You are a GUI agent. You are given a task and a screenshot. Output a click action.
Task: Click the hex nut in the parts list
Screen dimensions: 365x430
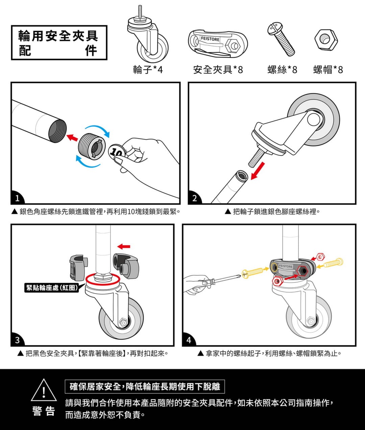(x=326, y=40)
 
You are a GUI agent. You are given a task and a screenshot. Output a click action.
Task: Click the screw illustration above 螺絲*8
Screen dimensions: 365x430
(x=281, y=39)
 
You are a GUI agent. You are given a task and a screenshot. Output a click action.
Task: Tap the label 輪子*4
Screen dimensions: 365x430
(x=148, y=70)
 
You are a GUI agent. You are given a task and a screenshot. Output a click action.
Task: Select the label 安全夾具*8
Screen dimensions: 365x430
(x=218, y=70)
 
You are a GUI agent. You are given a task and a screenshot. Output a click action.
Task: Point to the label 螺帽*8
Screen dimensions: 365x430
(x=328, y=70)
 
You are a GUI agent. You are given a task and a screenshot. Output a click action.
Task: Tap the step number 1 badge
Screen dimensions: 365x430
(x=18, y=198)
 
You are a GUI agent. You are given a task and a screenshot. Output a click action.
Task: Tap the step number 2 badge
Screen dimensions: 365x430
(x=195, y=198)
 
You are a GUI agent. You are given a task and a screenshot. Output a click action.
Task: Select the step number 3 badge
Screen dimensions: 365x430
(x=18, y=340)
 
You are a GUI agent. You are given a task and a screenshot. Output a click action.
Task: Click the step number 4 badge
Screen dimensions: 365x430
(x=189, y=340)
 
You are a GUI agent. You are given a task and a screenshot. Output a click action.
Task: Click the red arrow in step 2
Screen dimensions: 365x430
(x=258, y=171)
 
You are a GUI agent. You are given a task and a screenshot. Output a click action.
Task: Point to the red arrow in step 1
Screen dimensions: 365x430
(x=72, y=137)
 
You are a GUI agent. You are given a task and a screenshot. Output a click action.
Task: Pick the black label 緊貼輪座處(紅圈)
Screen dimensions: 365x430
(x=52, y=288)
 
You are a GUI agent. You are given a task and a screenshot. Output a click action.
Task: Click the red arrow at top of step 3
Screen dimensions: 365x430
(x=124, y=246)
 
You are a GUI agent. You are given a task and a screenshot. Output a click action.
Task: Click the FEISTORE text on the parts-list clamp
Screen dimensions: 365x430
(x=210, y=39)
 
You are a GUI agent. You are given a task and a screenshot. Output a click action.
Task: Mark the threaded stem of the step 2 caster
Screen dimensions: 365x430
(x=257, y=158)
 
